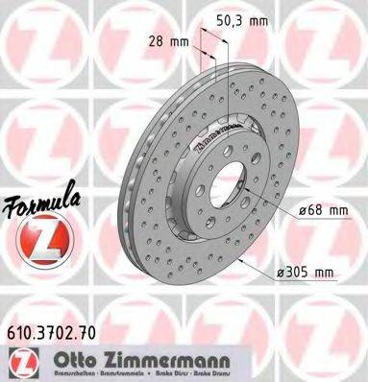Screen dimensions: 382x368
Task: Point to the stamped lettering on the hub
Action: (223, 129)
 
